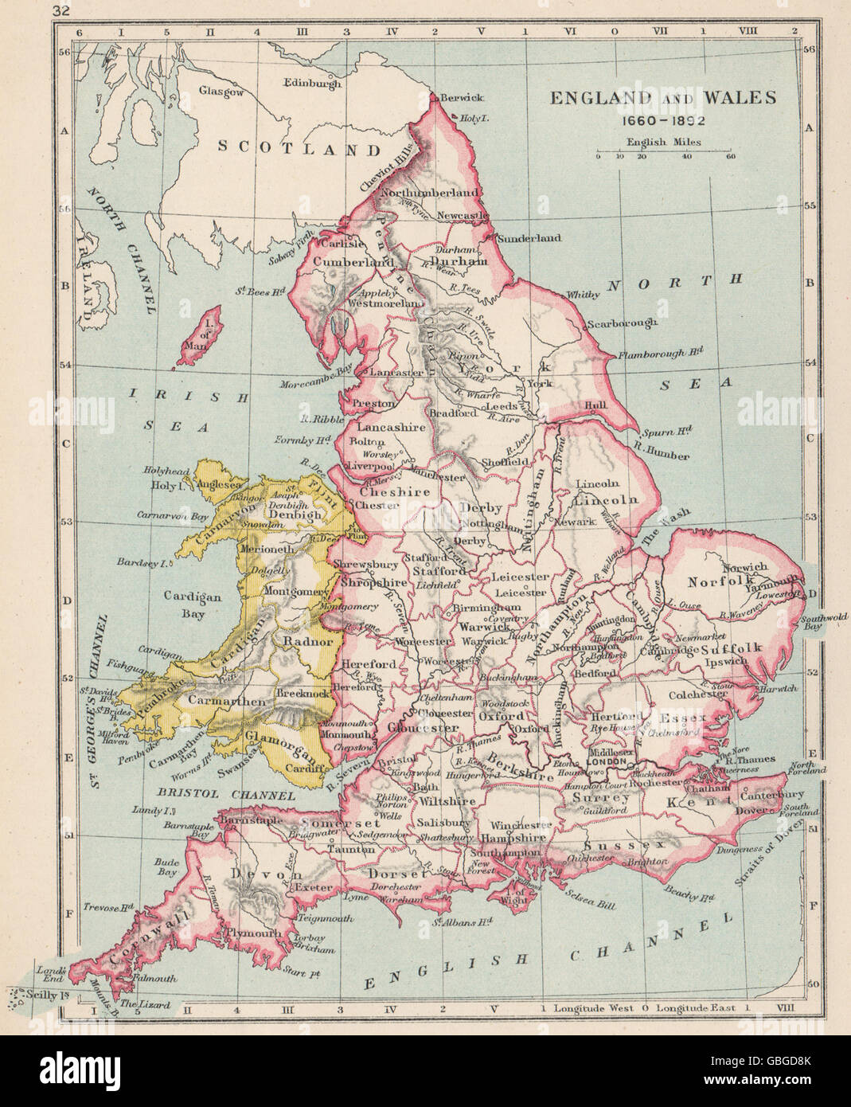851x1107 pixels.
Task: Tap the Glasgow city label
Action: [x=221, y=92]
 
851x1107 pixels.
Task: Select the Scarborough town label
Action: [x=622, y=323]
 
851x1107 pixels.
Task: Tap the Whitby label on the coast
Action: [x=584, y=295]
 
